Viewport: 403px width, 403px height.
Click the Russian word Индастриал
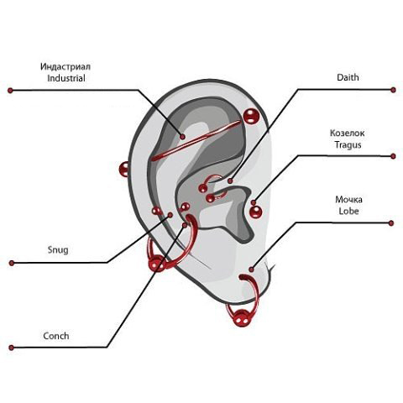coord(65,67)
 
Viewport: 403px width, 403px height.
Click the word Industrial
coord(66,78)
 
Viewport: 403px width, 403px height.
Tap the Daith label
coord(348,77)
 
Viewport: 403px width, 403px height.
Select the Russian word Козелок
coord(348,133)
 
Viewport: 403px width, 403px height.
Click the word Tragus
coord(348,145)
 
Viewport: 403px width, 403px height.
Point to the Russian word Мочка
coord(348,200)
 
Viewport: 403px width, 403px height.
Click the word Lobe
coord(348,211)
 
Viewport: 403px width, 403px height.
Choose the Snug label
coord(58,250)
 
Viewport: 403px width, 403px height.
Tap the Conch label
coord(56,336)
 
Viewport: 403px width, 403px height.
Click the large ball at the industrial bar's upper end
coord(251,116)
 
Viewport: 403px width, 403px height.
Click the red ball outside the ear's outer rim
coord(123,169)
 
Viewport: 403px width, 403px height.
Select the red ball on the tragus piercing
coord(255,212)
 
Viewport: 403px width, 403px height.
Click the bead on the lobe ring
coord(242,317)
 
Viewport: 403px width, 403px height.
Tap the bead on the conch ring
coord(157,264)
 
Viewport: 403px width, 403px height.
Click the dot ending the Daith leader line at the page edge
coord(393,90)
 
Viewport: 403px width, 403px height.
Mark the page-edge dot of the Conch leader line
coord(11,348)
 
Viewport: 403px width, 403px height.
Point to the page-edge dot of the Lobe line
coord(391,223)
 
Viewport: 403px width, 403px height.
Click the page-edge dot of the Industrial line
coord(10,91)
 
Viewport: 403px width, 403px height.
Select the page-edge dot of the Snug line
coord(12,263)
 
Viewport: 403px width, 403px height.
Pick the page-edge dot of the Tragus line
coord(393,156)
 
